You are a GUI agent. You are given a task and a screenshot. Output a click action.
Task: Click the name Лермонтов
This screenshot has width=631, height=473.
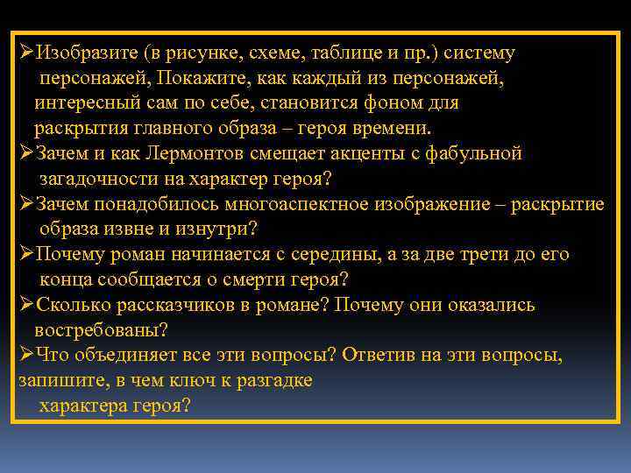[x=195, y=153]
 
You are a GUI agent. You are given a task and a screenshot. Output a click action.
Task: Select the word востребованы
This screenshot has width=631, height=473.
[x=101, y=331]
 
